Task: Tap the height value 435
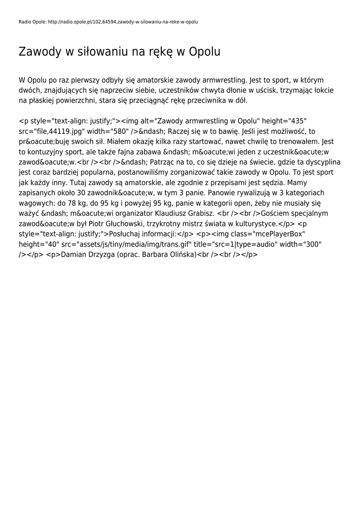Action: click(x=296, y=121)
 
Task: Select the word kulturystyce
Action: click(x=255, y=224)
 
